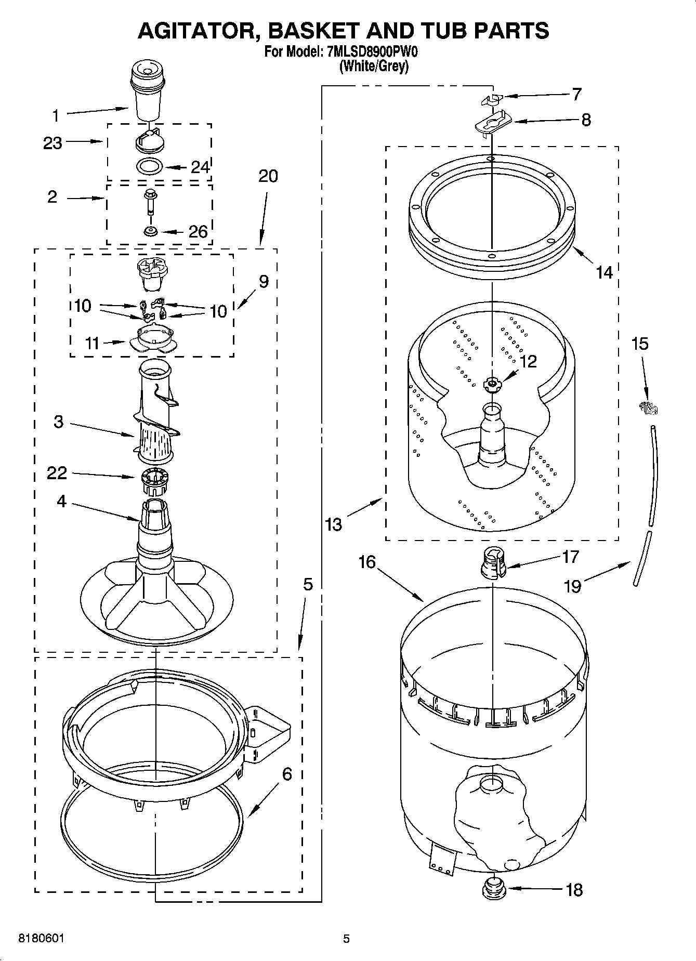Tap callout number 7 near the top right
(576, 95)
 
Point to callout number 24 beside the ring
(200, 167)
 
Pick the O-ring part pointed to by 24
(149, 166)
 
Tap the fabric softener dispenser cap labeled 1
(146, 90)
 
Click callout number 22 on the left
(57, 473)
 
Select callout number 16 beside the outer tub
(367, 562)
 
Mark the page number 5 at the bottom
(346, 938)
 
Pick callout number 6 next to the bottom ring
(287, 774)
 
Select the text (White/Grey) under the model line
(374, 67)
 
